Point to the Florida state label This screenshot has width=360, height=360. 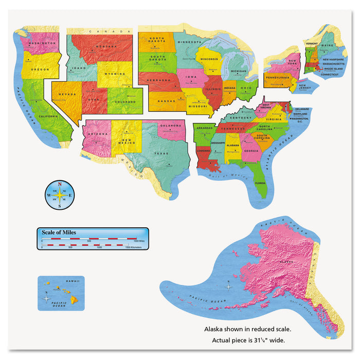tap(261, 183)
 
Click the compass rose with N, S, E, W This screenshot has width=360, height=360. tap(60, 196)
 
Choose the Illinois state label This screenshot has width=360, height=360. tap(212, 88)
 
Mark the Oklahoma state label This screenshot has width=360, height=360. tap(170, 125)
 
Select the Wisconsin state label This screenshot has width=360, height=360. tap(209, 59)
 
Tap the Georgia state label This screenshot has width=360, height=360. tap(251, 151)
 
